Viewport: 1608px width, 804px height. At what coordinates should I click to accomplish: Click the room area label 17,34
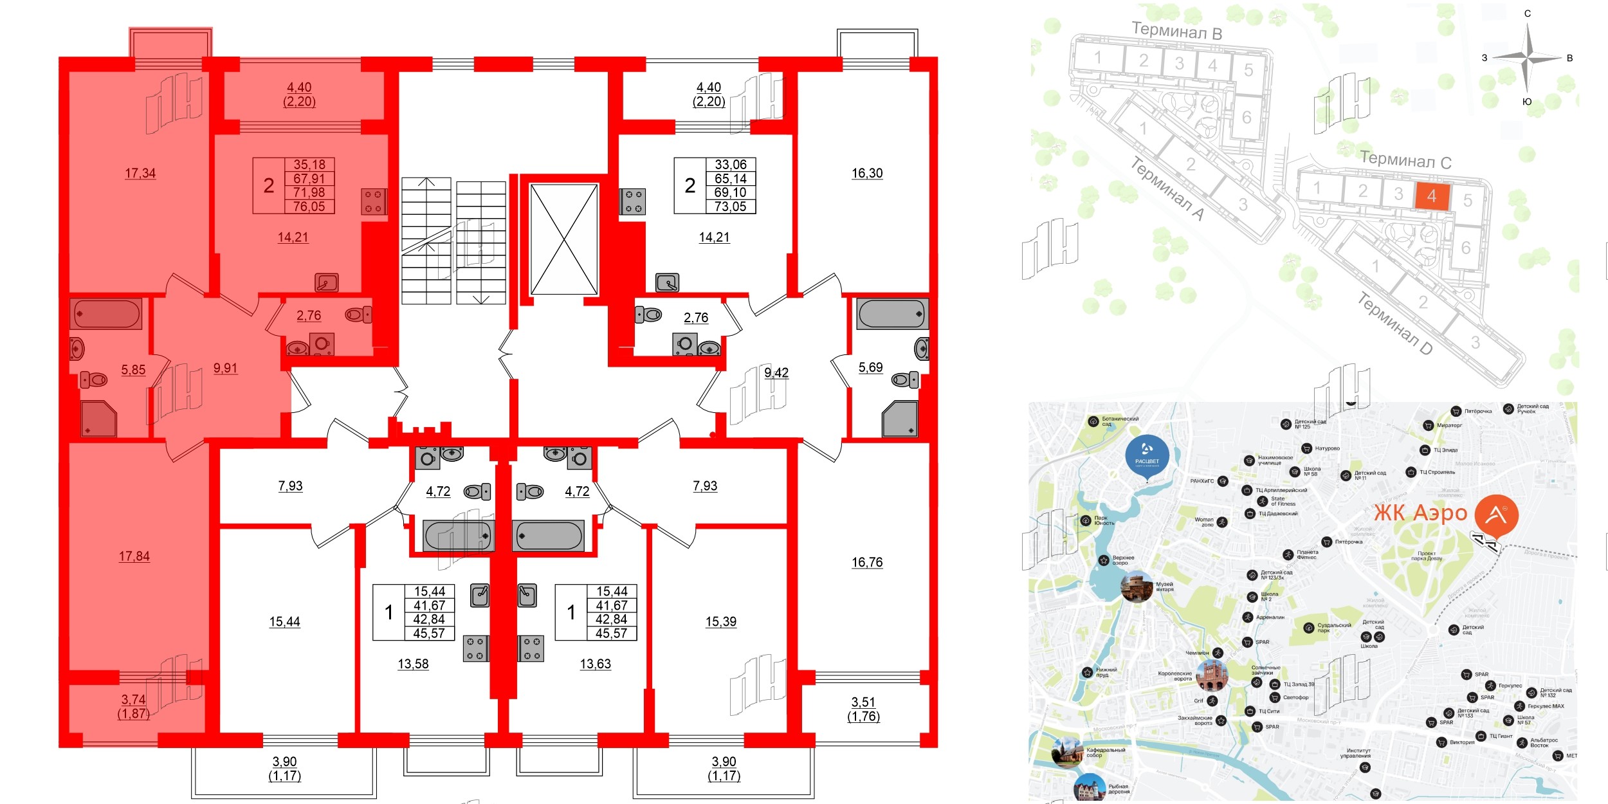[x=140, y=173]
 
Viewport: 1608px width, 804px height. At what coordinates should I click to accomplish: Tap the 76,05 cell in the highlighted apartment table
[x=309, y=206]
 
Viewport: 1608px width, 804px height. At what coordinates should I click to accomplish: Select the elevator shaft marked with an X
[x=564, y=239]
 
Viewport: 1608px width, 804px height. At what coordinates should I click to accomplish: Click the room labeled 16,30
[x=867, y=173]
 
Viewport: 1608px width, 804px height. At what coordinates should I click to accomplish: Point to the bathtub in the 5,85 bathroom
[x=106, y=314]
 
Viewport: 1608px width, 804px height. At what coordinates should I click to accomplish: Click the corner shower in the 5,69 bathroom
[x=900, y=419]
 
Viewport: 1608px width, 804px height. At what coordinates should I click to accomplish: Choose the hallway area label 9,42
[x=776, y=372]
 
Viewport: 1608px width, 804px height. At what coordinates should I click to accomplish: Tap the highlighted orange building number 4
[x=1432, y=196]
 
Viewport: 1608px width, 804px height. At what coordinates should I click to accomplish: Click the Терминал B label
[x=1176, y=31]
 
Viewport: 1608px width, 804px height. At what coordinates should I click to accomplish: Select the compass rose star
[x=1528, y=59]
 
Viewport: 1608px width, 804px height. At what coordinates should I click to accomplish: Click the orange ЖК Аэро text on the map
[x=1421, y=513]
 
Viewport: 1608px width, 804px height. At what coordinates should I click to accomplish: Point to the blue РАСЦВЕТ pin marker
[x=1147, y=455]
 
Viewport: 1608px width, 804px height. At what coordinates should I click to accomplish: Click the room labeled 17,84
[x=134, y=556]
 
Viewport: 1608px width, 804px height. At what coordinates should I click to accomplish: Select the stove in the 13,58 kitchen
[x=476, y=648]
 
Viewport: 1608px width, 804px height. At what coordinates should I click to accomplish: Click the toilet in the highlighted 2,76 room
[x=358, y=315]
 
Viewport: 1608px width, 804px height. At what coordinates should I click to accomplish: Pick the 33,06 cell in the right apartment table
[x=731, y=165]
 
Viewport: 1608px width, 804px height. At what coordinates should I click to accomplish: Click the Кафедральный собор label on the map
[x=1106, y=753]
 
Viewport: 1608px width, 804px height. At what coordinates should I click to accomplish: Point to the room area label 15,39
[x=721, y=621]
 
